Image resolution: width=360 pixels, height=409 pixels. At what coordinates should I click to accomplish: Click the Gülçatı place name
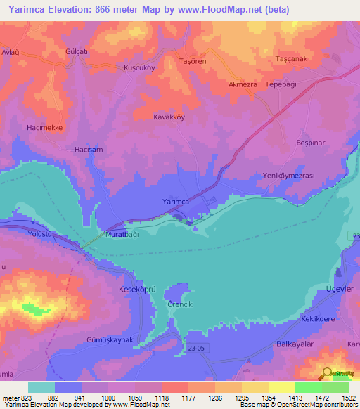[x=75, y=53]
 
